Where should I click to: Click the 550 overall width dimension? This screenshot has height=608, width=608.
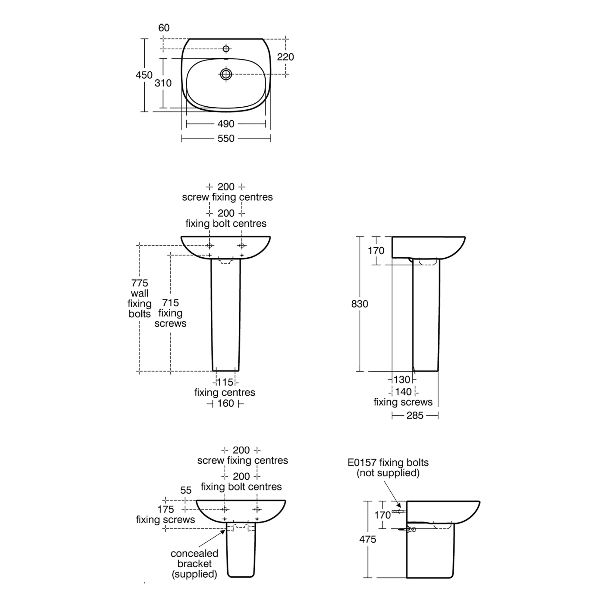[x=226, y=139]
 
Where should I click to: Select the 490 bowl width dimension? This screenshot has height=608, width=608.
[x=226, y=124]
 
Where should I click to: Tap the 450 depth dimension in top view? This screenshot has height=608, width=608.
[x=144, y=75]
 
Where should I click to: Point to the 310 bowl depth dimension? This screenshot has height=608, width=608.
[x=163, y=83]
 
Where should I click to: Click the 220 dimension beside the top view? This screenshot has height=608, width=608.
[x=285, y=57]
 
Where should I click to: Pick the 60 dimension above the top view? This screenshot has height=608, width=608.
[x=164, y=28]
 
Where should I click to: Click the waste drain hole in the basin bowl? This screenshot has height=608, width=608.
[x=226, y=74]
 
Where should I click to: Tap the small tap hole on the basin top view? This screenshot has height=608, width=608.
[x=226, y=49]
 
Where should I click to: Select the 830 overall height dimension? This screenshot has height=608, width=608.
[x=360, y=304]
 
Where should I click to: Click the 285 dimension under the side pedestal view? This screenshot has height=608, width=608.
[x=415, y=416]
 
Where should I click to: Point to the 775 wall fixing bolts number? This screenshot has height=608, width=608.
[x=140, y=283]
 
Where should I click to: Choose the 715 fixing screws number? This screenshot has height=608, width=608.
[x=170, y=303]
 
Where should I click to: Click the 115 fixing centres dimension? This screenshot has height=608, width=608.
[x=225, y=382]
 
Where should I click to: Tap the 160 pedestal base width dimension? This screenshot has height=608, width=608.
[x=226, y=404]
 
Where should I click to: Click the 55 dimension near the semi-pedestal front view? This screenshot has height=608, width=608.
[x=186, y=490]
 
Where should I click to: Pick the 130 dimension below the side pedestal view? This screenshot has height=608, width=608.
[x=402, y=380]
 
